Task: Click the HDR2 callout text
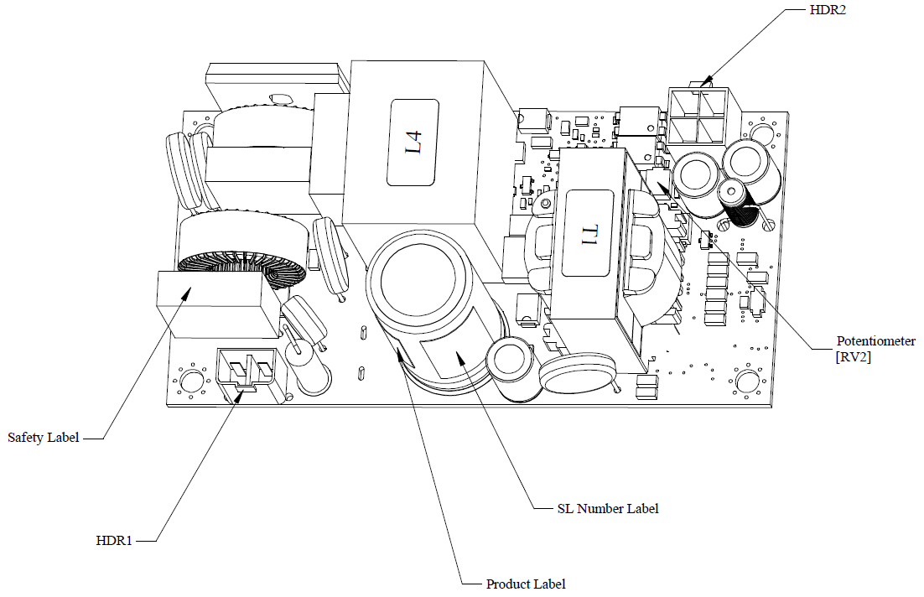pyautogui.click(x=828, y=10)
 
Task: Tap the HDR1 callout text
pyautogui.click(x=114, y=541)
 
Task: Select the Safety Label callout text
pyautogui.click(x=43, y=438)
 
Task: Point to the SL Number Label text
pyautogui.click(x=608, y=509)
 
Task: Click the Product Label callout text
pyautogui.click(x=526, y=584)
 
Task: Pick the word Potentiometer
pyautogui.click(x=875, y=341)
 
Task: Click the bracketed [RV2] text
pyautogui.click(x=853, y=357)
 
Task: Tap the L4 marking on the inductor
pyautogui.click(x=413, y=143)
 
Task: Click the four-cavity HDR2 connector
pyautogui.click(x=701, y=116)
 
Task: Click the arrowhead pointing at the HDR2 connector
pyautogui.click(x=707, y=81)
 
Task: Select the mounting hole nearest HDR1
pyautogui.click(x=189, y=382)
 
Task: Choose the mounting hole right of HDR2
pyautogui.click(x=760, y=129)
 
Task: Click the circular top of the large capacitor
pyautogui.click(x=418, y=278)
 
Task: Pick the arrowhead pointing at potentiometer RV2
pyautogui.click(x=662, y=187)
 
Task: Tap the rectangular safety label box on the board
pyautogui.click(x=217, y=304)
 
